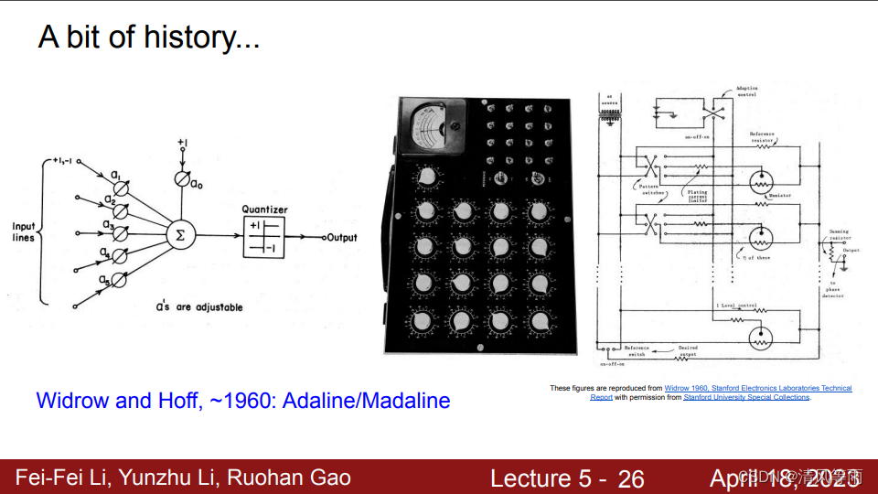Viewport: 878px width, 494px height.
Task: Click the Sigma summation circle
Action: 179,235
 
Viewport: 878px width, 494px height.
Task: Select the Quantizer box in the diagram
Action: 263,238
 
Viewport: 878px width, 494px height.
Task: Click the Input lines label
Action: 23,232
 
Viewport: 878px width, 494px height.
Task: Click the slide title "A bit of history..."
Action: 149,38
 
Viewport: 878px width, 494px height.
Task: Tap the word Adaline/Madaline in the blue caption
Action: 377,400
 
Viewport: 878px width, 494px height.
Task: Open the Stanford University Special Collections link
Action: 746,397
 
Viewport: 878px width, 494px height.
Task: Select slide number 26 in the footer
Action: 631,478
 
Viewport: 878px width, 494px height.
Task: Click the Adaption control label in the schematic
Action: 747,92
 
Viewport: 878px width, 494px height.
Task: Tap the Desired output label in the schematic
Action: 688,351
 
